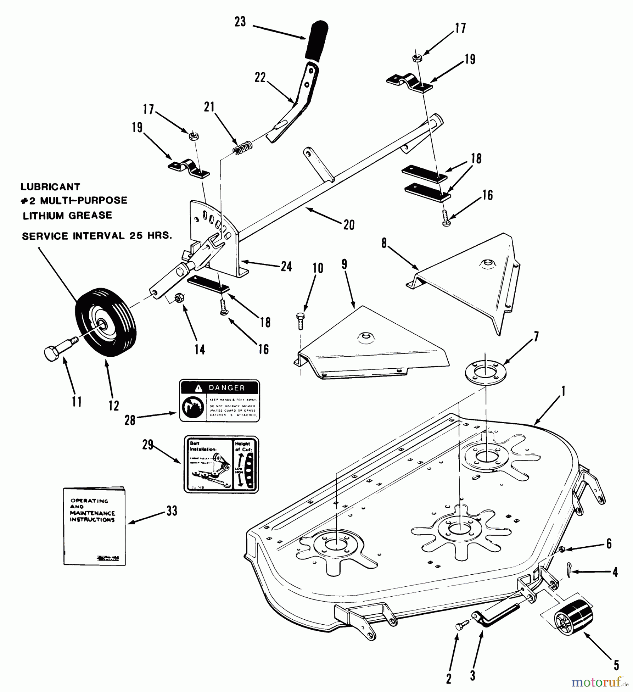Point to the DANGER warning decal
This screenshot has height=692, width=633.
pyautogui.click(x=219, y=401)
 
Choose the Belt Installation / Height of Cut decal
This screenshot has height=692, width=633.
pyautogui.click(x=221, y=464)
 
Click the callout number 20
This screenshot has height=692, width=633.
pyautogui.click(x=349, y=225)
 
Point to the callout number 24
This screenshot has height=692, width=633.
pyautogui.click(x=286, y=266)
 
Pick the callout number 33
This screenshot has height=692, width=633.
pyautogui.click(x=172, y=511)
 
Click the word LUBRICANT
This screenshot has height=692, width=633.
pyautogui.click(x=50, y=187)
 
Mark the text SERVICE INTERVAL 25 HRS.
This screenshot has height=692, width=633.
pyautogui.click(x=97, y=236)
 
